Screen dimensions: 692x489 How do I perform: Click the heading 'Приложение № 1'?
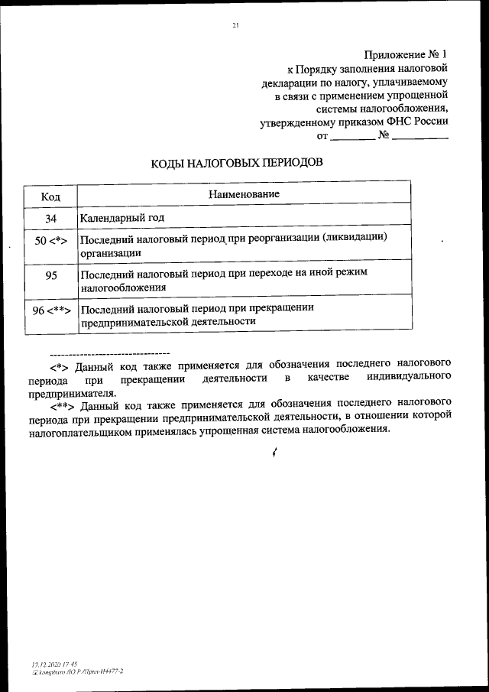coord(406,54)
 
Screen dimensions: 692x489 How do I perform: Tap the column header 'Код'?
coord(50,196)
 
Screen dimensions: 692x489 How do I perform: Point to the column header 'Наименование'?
coord(244,194)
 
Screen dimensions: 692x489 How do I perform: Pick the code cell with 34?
coord(51,218)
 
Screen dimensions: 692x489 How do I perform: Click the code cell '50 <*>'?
coord(51,242)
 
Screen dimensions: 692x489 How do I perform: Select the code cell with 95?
coord(51,276)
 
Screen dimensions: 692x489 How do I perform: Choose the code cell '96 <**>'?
coord(51,311)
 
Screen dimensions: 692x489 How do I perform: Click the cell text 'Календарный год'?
coord(121,218)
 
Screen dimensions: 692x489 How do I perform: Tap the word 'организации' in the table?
coord(111,252)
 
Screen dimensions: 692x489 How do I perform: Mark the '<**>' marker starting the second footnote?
coord(63,401)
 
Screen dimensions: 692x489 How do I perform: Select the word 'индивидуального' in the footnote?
coord(409,378)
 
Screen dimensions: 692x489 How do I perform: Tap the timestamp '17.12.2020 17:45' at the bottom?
coord(50,664)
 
